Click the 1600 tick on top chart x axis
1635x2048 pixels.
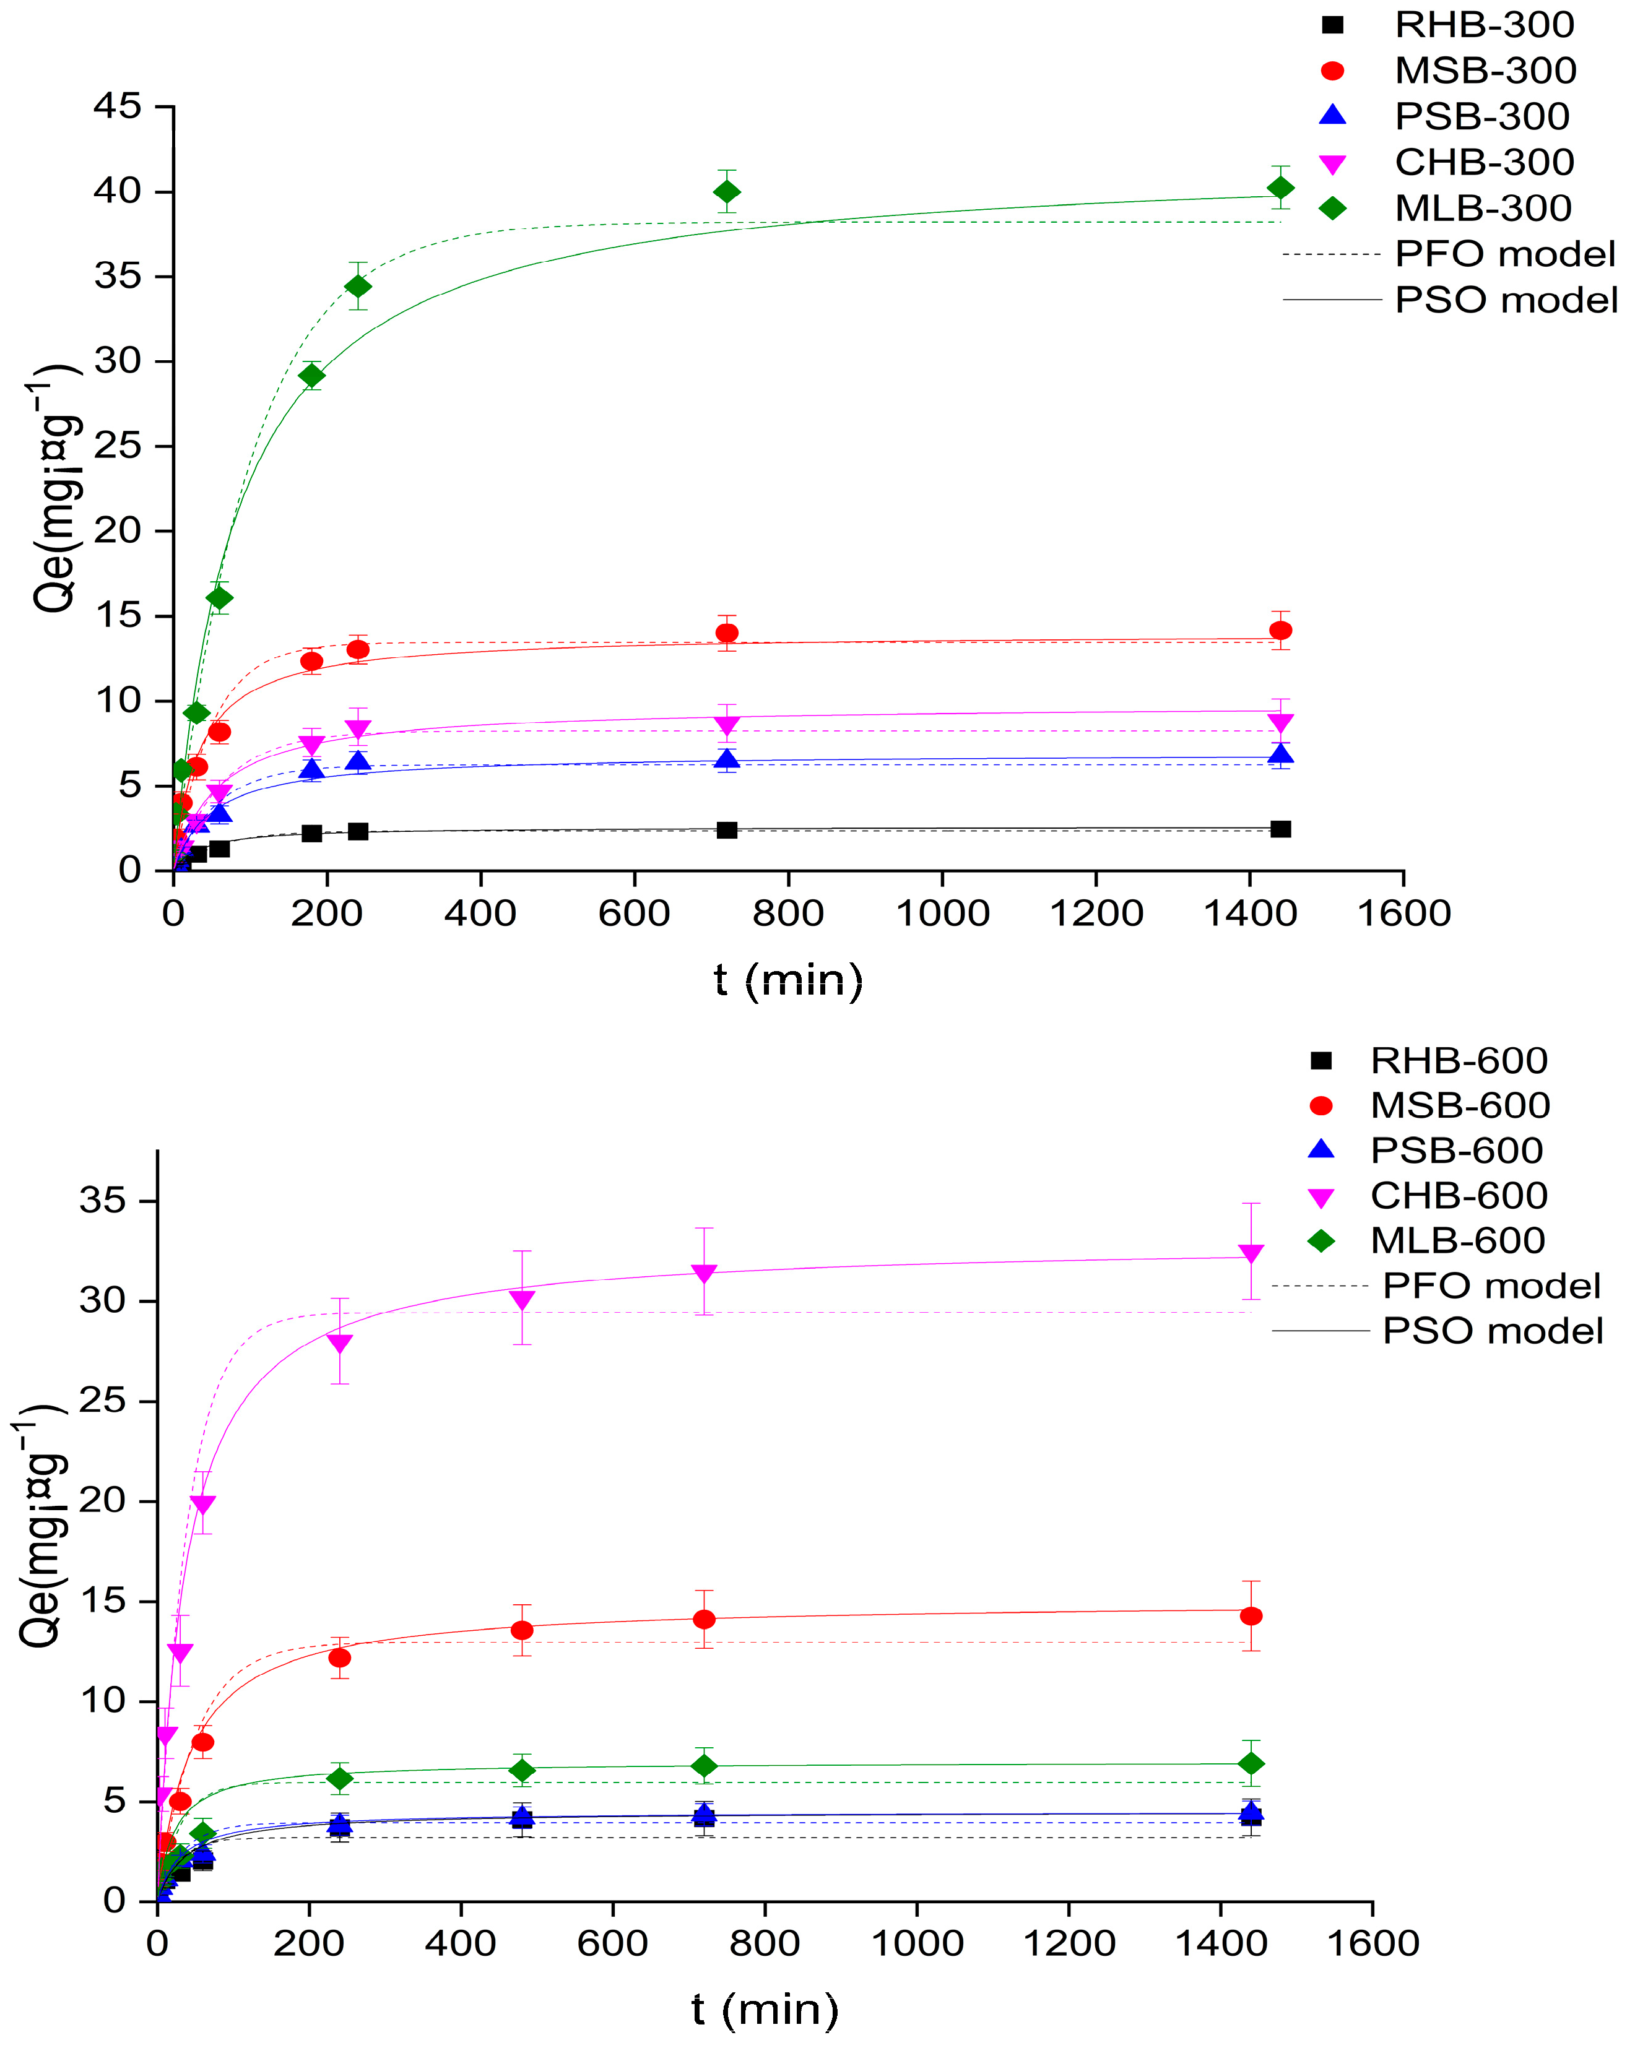click(x=1403, y=914)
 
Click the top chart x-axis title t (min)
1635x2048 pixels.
click(x=789, y=980)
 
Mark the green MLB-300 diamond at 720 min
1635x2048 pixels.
click(x=727, y=192)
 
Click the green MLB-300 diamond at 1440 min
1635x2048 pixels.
click(x=1280, y=188)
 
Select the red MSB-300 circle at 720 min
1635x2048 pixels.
click(x=727, y=633)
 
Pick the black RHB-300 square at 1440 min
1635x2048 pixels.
click(x=1280, y=828)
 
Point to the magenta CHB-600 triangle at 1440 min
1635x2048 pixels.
click(x=1251, y=1254)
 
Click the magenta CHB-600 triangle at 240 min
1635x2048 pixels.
click(x=339, y=1344)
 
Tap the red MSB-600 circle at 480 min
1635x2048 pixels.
click(x=521, y=1630)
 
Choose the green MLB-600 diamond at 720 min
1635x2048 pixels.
click(x=704, y=1766)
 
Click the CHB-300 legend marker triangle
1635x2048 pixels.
click(x=1333, y=163)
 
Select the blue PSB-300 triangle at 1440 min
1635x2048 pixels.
click(x=1280, y=755)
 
